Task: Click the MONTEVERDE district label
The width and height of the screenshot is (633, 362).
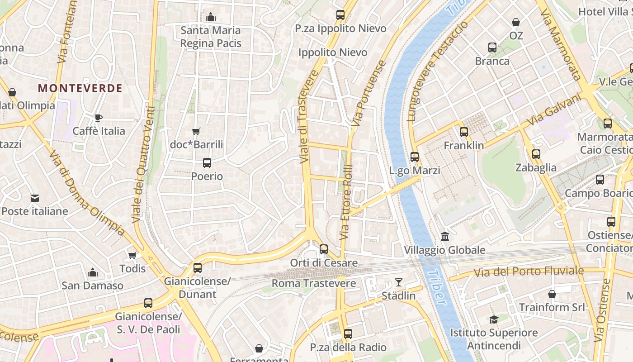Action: pos(80,88)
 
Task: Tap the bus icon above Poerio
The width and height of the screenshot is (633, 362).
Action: pos(207,163)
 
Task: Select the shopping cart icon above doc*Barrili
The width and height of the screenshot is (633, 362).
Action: pos(196,132)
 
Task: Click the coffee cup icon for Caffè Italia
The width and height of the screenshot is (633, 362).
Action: pos(99,118)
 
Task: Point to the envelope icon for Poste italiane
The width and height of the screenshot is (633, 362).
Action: pos(35,198)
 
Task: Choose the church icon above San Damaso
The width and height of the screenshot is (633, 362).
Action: pos(93,272)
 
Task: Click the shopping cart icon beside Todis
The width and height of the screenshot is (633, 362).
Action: pos(132,256)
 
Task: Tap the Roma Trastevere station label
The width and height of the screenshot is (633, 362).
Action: pos(314,284)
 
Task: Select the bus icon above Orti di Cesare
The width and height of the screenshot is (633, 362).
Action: pos(324,249)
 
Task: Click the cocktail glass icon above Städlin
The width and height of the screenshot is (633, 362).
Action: pos(398,283)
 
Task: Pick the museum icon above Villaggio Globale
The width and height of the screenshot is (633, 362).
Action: pos(444,237)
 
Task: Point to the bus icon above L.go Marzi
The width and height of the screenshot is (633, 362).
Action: pos(415,157)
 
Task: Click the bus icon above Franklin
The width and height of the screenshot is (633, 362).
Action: pos(464,132)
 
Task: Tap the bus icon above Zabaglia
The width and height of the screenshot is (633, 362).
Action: pos(536,154)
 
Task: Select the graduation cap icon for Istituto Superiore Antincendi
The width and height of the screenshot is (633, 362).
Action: pos(494,319)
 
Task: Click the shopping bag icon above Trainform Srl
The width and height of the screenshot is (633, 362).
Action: pos(552,294)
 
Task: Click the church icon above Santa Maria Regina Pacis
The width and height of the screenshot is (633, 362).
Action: pos(211,17)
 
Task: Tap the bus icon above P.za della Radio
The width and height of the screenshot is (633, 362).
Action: pos(348,334)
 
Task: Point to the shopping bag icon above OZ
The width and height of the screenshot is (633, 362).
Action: pos(516,22)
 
